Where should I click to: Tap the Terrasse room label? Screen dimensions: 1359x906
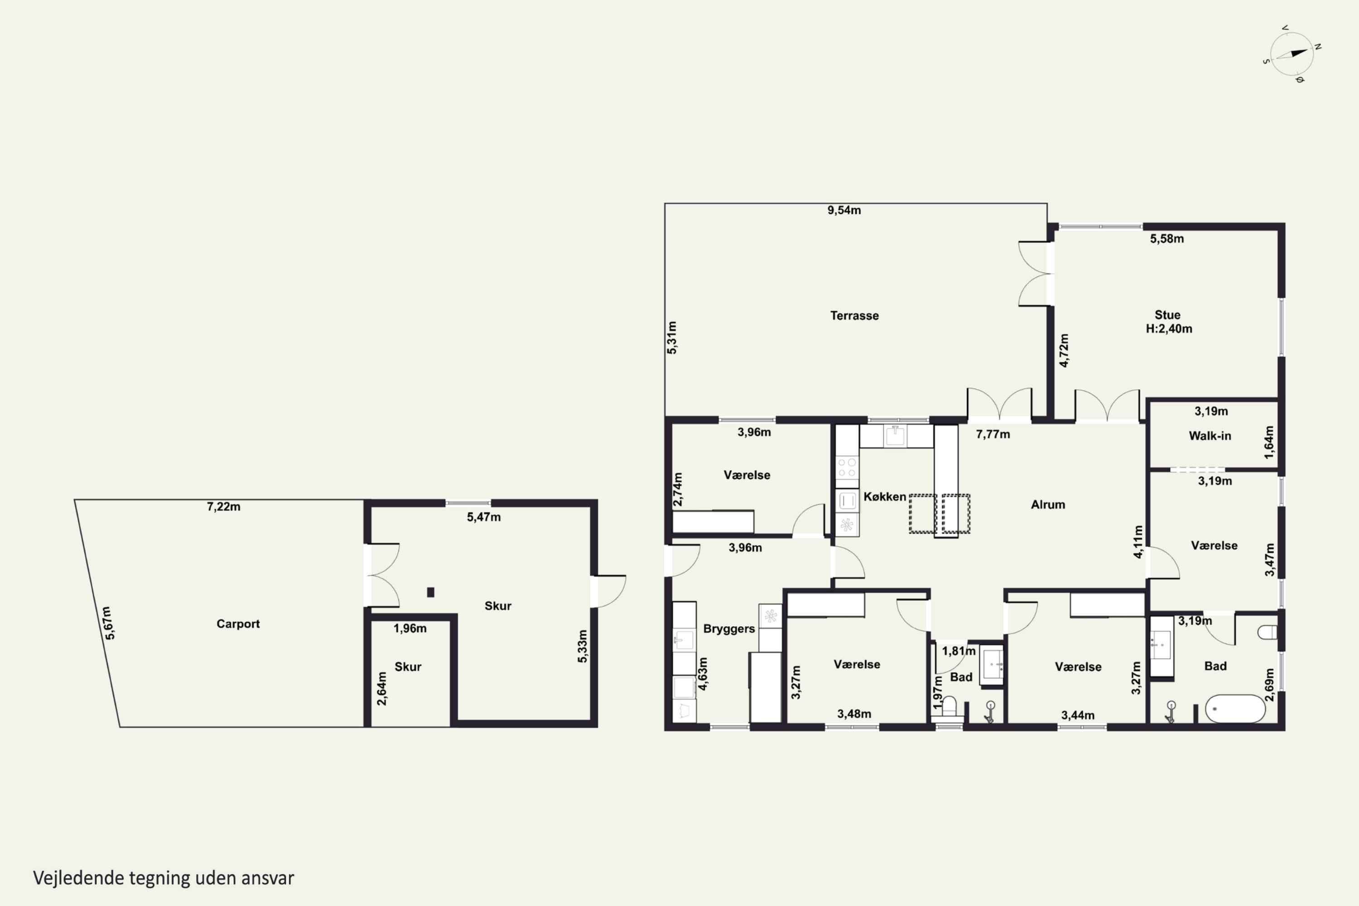point(854,315)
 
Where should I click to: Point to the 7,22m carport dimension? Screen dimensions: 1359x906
point(224,507)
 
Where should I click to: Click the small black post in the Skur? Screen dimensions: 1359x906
point(430,592)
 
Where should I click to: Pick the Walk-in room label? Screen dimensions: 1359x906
point(1210,436)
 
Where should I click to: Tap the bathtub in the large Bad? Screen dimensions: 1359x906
point(1235,708)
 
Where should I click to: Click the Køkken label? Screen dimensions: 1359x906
point(885,496)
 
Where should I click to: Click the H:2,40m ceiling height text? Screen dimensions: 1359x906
point(1169,329)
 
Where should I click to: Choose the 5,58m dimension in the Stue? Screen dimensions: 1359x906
point(1166,239)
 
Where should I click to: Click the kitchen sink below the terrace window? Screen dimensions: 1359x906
point(895,436)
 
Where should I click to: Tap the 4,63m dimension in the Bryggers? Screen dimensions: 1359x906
point(703,674)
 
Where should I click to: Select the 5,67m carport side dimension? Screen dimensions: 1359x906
point(109,623)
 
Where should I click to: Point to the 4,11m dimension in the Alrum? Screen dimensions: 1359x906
point(1137,541)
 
